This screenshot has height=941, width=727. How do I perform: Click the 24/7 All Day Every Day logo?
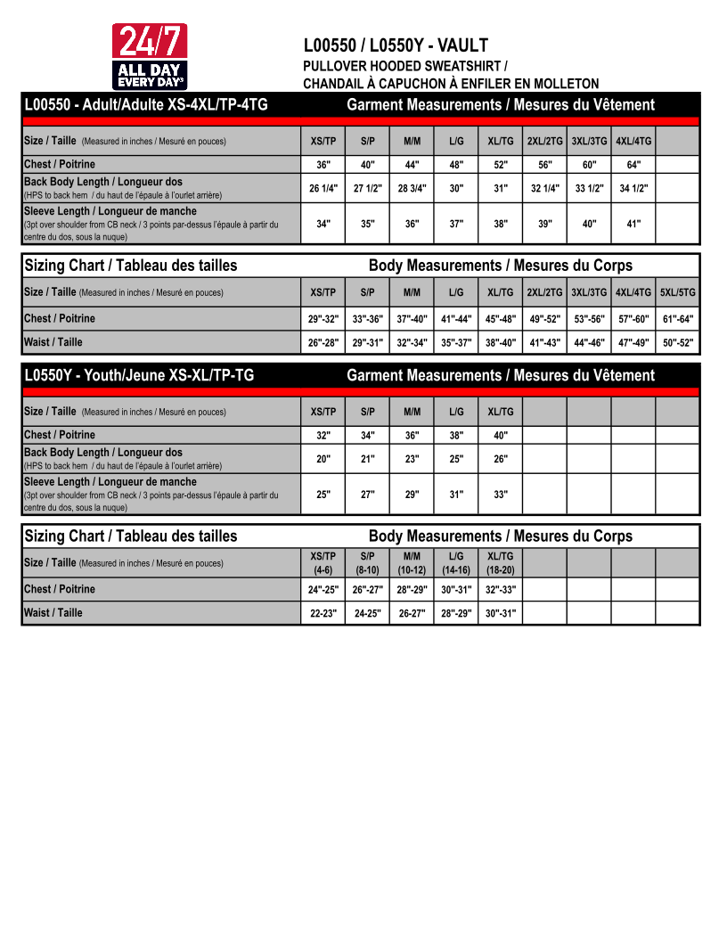[x=149, y=56]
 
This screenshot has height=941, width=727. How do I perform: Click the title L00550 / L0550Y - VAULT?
[x=396, y=45]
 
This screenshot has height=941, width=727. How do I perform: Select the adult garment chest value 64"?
[x=633, y=165]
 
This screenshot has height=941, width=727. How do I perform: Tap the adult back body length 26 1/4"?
[x=323, y=188]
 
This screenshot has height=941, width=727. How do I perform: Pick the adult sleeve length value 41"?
[x=633, y=225]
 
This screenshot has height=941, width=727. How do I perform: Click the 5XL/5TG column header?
[x=678, y=292]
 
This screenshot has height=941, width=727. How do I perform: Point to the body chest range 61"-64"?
[x=678, y=319]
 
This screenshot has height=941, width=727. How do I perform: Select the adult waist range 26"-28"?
[x=323, y=342]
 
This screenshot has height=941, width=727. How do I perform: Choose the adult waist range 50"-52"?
[x=678, y=342]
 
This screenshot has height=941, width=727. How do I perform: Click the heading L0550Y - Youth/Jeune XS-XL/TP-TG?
[x=139, y=375]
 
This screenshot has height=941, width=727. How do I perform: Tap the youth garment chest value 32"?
[x=323, y=436]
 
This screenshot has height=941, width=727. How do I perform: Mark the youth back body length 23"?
[x=412, y=459]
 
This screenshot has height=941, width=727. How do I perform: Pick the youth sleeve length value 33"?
[x=501, y=495]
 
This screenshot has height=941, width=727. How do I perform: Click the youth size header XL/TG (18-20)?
[x=501, y=563]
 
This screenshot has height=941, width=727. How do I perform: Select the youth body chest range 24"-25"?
[x=323, y=590]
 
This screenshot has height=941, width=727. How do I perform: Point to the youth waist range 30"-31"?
[x=501, y=613]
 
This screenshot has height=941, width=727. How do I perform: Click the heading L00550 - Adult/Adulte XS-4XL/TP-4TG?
[x=146, y=105]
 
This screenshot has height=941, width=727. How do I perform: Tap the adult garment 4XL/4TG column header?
[x=633, y=141]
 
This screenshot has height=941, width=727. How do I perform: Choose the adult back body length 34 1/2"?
[x=633, y=188]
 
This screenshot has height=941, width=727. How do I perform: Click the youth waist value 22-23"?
[x=323, y=613]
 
